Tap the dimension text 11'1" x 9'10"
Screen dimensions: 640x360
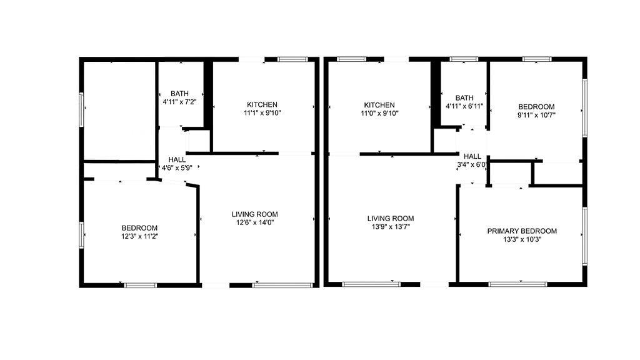tap(262, 113)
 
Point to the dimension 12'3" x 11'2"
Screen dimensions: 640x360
tap(139, 236)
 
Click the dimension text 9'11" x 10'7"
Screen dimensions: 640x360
tap(536, 115)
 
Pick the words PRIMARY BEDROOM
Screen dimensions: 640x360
tap(522, 231)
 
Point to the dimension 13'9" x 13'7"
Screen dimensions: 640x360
tap(391, 227)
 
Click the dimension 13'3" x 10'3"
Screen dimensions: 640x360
tap(522, 239)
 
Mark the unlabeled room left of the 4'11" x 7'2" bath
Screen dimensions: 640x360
tap(119, 111)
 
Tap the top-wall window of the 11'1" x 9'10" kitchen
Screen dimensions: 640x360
tap(292, 59)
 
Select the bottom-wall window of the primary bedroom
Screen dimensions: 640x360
tap(518, 284)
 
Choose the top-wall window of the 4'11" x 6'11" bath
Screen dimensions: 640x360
tap(464, 59)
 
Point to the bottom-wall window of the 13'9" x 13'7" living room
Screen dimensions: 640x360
tap(371, 284)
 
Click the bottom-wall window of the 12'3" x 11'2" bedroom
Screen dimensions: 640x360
tap(141, 285)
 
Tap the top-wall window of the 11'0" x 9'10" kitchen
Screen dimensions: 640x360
tap(352, 59)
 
